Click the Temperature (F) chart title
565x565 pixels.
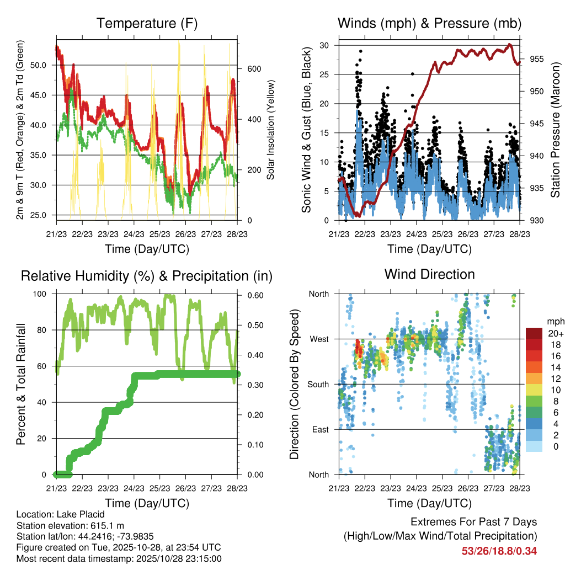147,24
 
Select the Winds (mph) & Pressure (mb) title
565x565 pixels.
429,24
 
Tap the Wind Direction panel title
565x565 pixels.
429,274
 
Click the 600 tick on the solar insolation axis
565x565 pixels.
253,69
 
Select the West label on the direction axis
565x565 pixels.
319,339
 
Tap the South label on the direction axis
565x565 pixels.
318,384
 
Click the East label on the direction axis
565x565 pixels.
320,429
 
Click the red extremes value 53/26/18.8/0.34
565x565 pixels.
499,551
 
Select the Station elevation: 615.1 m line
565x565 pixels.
65,525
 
